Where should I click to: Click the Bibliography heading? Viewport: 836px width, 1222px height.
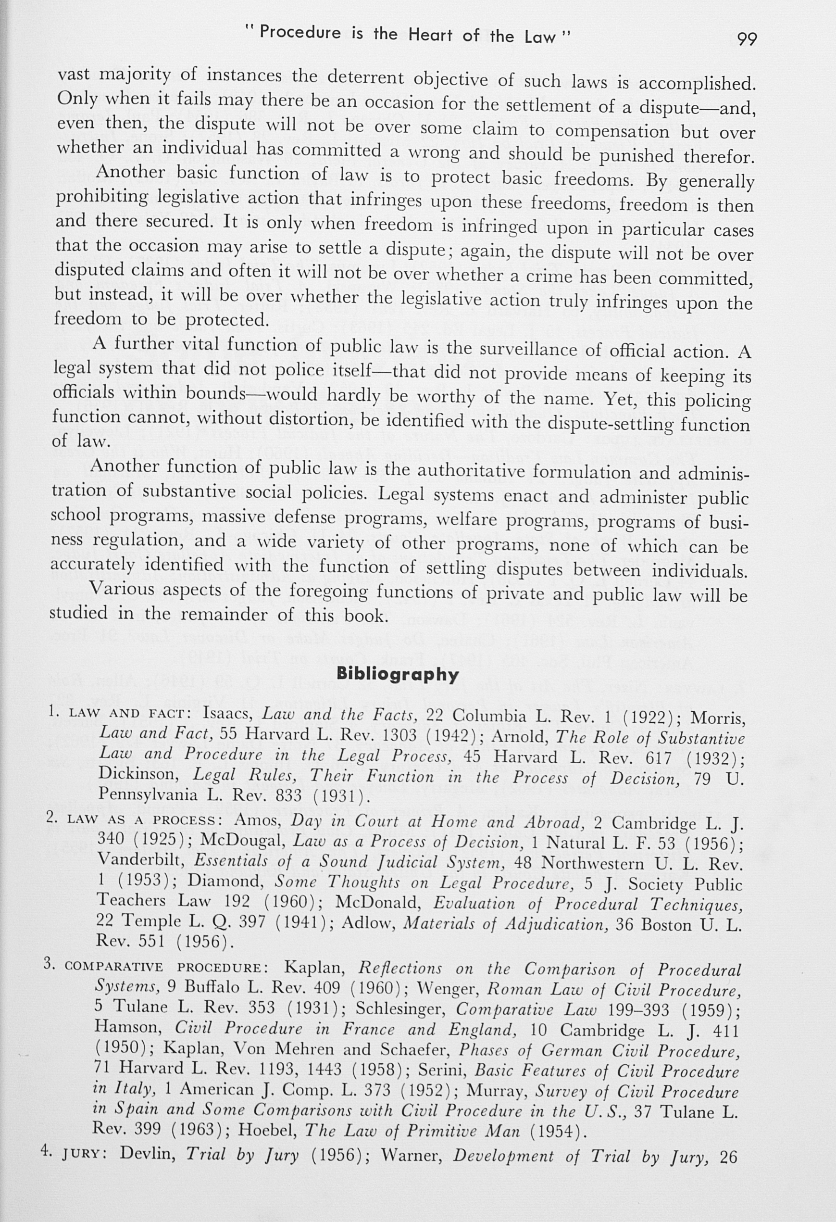[x=398, y=674]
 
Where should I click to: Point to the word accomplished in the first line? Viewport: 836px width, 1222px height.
[x=697, y=84]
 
